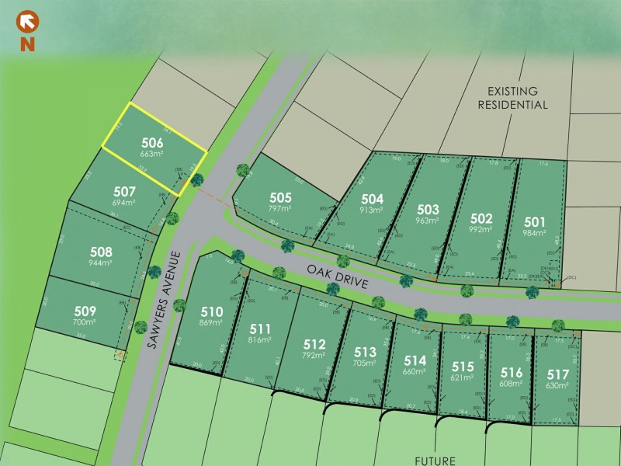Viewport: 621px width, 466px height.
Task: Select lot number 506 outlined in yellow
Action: coord(152,142)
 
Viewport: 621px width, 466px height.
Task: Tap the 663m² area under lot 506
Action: coord(152,154)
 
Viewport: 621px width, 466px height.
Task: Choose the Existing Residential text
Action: coord(512,97)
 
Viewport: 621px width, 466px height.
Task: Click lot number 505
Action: coord(280,197)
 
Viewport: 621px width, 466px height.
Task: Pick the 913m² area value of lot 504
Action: coord(373,210)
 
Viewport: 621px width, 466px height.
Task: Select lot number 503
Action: coord(428,209)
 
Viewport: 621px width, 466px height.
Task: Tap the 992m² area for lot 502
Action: coord(481,231)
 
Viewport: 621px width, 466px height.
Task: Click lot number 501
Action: coord(535,220)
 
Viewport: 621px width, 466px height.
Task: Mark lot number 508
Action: coord(101,252)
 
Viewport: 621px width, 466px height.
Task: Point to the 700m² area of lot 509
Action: coord(85,322)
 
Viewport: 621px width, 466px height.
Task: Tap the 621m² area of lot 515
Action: coord(462,377)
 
